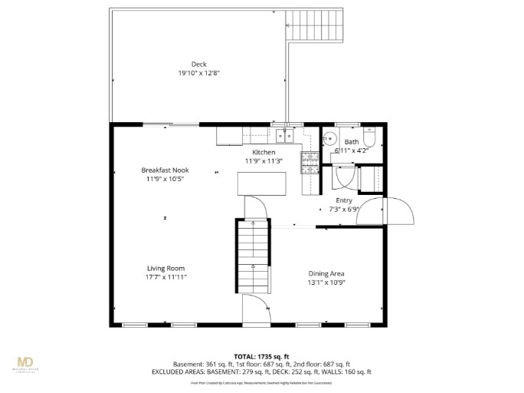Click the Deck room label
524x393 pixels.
(199, 64)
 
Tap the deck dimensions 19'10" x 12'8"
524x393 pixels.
(199, 73)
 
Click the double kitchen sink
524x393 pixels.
(284, 136)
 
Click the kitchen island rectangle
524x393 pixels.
(259, 184)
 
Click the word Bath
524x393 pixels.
(351, 142)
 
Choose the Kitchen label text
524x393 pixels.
(264, 152)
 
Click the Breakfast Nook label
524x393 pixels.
(165, 170)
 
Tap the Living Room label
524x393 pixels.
(165, 268)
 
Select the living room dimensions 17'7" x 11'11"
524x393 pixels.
(165, 277)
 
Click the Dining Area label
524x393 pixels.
(326, 273)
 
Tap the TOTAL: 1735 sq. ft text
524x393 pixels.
(262, 357)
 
